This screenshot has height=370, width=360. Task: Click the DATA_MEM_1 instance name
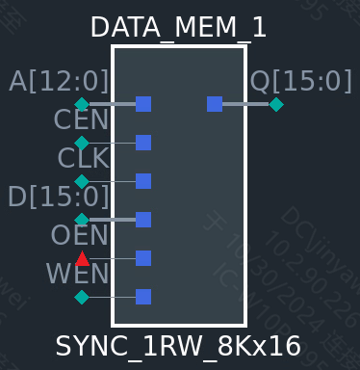click(x=178, y=27)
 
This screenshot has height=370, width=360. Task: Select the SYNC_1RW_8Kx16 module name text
click(x=178, y=346)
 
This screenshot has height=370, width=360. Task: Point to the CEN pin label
click(x=81, y=120)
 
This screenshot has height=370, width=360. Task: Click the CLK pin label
click(x=83, y=158)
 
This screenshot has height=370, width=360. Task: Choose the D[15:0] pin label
click(x=58, y=197)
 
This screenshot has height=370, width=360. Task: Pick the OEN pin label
click(x=80, y=235)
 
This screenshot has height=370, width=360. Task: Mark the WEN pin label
click(x=78, y=274)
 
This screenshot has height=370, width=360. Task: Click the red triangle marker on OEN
click(x=82, y=258)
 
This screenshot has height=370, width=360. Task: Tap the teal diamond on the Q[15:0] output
click(x=276, y=104)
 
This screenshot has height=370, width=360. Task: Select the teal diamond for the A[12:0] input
click(x=82, y=104)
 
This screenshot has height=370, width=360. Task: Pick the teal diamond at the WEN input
click(x=82, y=297)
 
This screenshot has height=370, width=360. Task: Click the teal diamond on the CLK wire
click(x=82, y=181)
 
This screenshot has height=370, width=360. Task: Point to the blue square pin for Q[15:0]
click(x=215, y=104)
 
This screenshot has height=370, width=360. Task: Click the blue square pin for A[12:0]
click(x=143, y=104)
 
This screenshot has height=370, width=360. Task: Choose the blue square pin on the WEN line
click(x=143, y=297)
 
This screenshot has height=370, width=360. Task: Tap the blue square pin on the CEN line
click(x=143, y=143)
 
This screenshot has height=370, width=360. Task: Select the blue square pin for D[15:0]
click(x=143, y=220)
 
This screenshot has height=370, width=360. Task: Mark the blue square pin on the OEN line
click(x=143, y=258)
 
